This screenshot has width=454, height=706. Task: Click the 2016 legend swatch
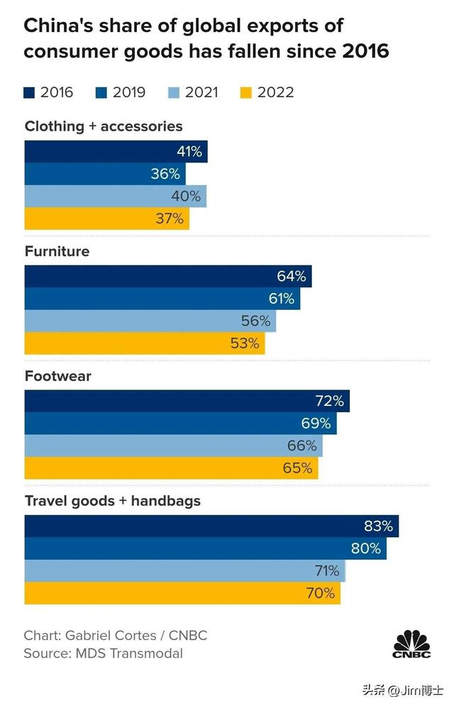pyautogui.click(x=30, y=92)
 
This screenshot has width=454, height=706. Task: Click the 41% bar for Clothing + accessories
pyautogui.click(x=116, y=152)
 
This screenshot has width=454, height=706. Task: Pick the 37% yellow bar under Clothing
pyautogui.click(x=106, y=219)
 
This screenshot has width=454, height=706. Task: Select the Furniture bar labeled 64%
pyautogui.click(x=168, y=277)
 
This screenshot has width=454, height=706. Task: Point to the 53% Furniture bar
pyautogui.click(x=145, y=343)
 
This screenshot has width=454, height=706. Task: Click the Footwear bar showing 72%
pyautogui.click(x=187, y=401)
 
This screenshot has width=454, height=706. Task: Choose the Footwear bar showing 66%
pyautogui.click(x=173, y=446)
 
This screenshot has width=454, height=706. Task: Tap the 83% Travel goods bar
pyautogui.click(x=211, y=526)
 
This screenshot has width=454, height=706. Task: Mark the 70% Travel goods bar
pyautogui.click(x=182, y=593)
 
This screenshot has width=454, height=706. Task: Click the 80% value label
pyautogui.click(x=366, y=548)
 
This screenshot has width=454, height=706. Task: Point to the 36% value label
pyautogui.click(x=165, y=174)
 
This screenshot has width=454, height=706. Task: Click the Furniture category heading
pyautogui.click(x=57, y=251)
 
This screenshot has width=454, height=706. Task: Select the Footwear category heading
pyautogui.click(x=58, y=376)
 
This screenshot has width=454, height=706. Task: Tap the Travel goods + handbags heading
pyautogui.click(x=113, y=501)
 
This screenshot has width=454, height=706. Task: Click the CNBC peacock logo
pyautogui.click(x=411, y=641)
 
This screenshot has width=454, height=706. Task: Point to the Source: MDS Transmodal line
pyautogui.click(x=103, y=653)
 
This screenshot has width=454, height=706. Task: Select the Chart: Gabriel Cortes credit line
pyautogui.click(x=115, y=635)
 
